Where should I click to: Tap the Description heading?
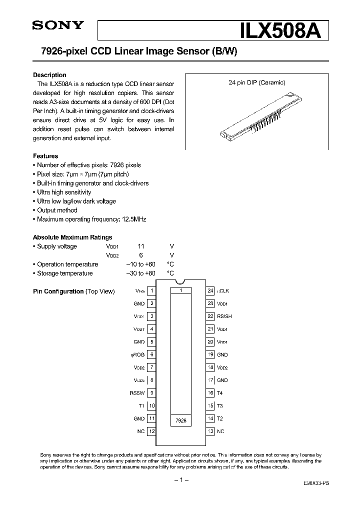(49, 75)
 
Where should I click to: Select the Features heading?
(45, 156)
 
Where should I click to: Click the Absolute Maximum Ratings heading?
(72, 237)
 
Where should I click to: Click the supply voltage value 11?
(141, 246)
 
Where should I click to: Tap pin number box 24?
(211, 290)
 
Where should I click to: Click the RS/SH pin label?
(224, 316)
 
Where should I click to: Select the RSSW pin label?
(137, 393)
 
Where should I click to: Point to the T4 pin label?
(220, 393)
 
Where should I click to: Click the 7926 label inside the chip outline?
(181, 421)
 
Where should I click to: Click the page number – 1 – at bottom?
(180, 480)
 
